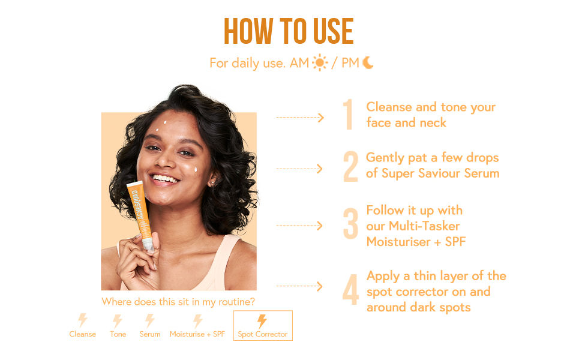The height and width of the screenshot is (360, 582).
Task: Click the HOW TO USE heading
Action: tap(289, 31)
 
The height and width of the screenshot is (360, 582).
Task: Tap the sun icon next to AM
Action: tap(320, 62)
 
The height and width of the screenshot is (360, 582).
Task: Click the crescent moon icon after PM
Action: tap(368, 62)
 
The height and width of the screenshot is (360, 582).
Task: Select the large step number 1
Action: tap(348, 115)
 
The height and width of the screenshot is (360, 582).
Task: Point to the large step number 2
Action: tap(350, 167)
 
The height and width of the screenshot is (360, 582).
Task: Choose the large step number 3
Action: tap(350, 225)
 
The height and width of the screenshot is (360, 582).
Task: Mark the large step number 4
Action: tap(350, 289)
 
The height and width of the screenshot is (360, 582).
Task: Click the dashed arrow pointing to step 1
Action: tap(299, 118)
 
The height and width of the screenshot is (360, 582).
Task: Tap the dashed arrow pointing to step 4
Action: tap(299, 287)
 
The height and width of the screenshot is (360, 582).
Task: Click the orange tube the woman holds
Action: tap(137, 210)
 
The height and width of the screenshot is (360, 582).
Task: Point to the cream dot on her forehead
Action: tap(164, 127)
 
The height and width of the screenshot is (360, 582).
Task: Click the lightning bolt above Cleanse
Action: tap(83, 320)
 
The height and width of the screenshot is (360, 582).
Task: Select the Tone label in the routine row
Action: tap(118, 334)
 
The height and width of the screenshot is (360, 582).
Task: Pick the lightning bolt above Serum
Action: tap(150, 320)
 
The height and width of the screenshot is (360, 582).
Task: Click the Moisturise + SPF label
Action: tap(197, 334)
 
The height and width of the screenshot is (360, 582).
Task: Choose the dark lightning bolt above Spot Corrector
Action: tap(262, 321)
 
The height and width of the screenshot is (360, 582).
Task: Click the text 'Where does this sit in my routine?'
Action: tap(178, 302)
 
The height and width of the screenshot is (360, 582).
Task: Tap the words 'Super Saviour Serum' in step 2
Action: tap(440, 173)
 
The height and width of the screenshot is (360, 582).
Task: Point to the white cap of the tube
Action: tap(147, 243)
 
